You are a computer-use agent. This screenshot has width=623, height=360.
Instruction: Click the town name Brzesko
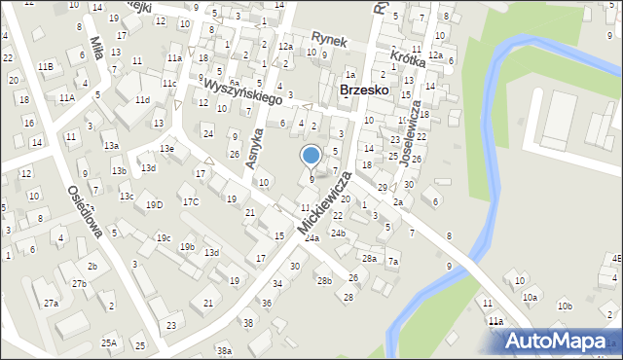click(x=365, y=90)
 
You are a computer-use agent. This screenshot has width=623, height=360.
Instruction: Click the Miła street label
click(x=95, y=48)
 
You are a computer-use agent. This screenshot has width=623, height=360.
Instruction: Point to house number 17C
click(x=190, y=202)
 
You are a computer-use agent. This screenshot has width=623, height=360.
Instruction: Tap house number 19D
click(x=154, y=205)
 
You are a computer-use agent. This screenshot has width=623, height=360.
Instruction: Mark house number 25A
click(x=109, y=342)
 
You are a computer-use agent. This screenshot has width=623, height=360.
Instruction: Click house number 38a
click(x=224, y=350)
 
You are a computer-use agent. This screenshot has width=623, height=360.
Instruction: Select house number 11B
click(x=45, y=66)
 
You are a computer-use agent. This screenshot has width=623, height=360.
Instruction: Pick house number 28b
click(x=323, y=281)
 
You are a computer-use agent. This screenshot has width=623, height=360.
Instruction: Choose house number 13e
click(x=167, y=149)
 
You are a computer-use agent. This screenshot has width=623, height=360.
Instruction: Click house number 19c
click(x=164, y=238)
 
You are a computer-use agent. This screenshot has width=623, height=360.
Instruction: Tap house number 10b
click(x=564, y=306)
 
